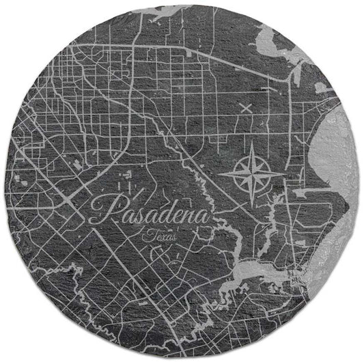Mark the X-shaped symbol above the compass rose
click(x=246, y=107)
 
